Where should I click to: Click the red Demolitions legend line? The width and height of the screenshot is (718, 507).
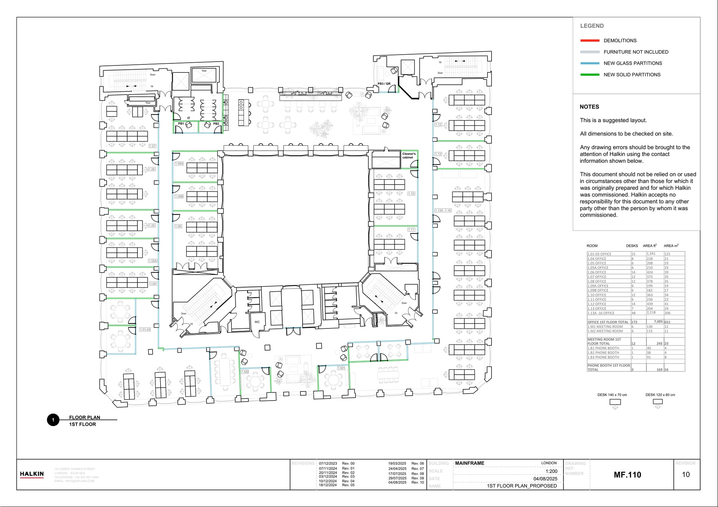click(x=590, y=41)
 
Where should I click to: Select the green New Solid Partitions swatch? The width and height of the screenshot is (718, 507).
click(x=590, y=75)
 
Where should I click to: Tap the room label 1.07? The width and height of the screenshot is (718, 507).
click(x=152, y=146)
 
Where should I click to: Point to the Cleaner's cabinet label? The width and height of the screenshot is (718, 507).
click(x=409, y=155)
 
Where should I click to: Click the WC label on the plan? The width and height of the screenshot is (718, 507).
click(x=257, y=322)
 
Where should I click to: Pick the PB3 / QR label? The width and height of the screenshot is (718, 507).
click(x=384, y=84)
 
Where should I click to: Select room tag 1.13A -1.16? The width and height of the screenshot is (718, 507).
click(x=443, y=210)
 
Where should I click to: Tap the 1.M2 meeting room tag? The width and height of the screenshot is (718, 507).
click(x=245, y=371)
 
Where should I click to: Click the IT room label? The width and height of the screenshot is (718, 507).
click(x=189, y=118)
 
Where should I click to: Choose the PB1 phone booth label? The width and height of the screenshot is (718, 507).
click(x=181, y=124)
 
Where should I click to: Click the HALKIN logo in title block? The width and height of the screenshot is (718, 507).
click(x=32, y=474)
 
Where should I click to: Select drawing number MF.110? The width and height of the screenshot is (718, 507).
click(x=627, y=475)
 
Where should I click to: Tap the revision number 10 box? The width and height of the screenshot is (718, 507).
click(x=686, y=474)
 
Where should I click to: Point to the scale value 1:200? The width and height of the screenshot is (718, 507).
click(x=551, y=471)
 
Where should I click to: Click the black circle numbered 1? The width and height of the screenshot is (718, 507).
click(x=53, y=420)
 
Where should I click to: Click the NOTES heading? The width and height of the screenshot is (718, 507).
click(x=589, y=107)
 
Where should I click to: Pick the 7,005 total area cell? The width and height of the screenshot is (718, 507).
click(x=658, y=322)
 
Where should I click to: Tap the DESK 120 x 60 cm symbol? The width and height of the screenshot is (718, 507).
click(x=658, y=402)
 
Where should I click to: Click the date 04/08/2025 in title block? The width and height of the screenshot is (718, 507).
click(x=545, y=479)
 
